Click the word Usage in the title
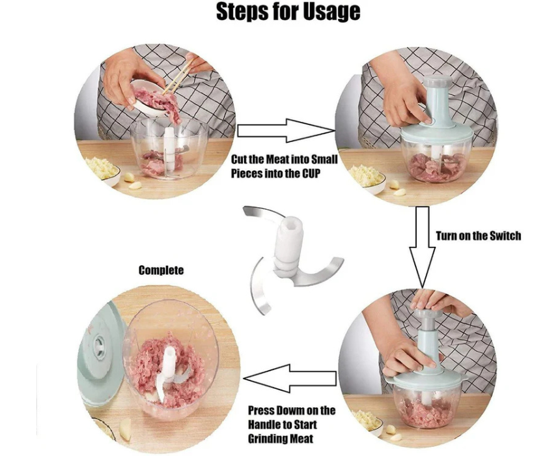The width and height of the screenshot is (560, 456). pyautogui.click(x=332, y=12)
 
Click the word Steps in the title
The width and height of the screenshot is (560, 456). pyautogui.click(x=241, y=12)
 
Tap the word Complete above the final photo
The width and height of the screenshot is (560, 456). pyautogui.click(x=161, y=270)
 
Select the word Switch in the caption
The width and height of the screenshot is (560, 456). pyautogui.click(x=505, y=236)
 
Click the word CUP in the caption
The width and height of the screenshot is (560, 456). pyautogui.click(x=311, y=174)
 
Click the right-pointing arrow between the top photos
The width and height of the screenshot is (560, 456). pyautogui.click(x=286, y=130)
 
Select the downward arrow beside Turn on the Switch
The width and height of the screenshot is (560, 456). pyautogui.click(x=422, y=247)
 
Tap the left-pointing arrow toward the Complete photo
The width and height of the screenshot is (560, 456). pyautogui.click(x=290, y=378)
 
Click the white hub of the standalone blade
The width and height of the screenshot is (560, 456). pyautogui.click(x=290, y=247)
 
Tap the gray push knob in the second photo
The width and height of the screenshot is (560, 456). pyautogui.click(x=437, y=81)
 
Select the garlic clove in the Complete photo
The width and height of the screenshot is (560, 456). pyautogui.click(x=125, y=430)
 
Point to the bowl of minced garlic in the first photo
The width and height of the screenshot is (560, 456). pyautogui.click(x=102, y=171)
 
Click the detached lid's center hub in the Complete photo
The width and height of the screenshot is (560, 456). pyautogui.click(x=98, y=347)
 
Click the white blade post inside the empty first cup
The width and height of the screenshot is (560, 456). pyautogui.click(x=169, y=149)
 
